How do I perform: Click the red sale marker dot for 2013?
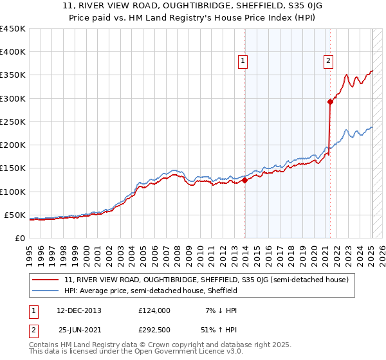245,181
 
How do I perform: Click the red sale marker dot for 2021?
330,102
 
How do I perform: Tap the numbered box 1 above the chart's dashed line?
243,61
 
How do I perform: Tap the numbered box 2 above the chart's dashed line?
328,61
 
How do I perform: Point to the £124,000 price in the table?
154,310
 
